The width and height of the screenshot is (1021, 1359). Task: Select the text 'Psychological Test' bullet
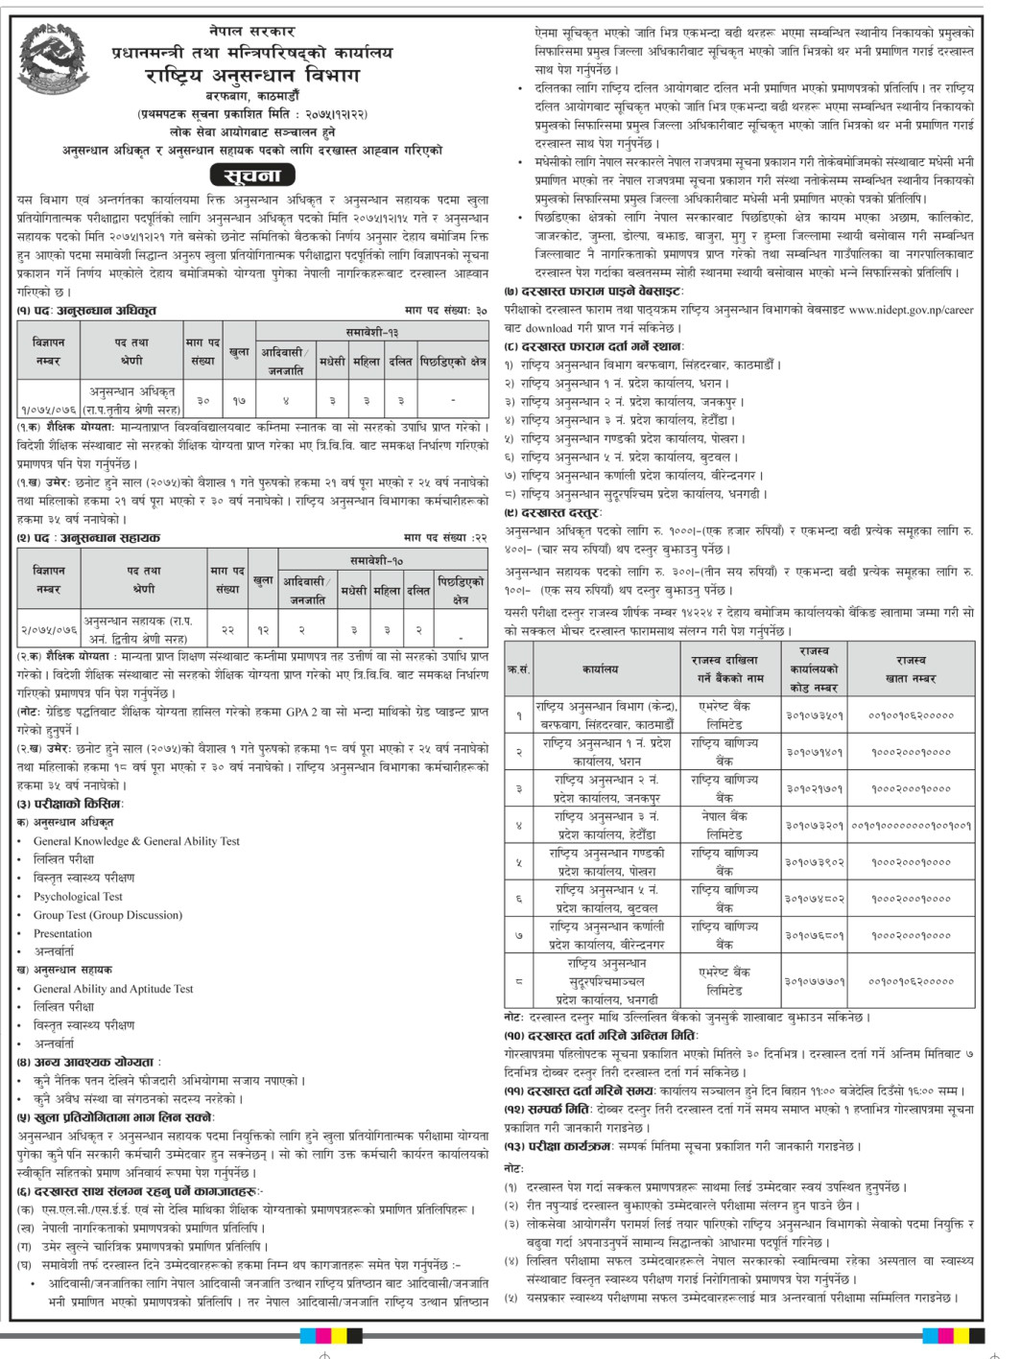pyautogui.click(x=78, y=897)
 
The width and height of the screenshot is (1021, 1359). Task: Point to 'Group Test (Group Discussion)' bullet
pyautogui.click(x=107, y=915)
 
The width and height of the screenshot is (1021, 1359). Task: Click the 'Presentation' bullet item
pyautogui.click(x=62, y=933)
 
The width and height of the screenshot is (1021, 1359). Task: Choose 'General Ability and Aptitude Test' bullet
pyautogui.click(x=113, y=989)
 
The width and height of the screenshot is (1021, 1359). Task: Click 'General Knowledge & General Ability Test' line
pyautogui.click(x=136, y=841)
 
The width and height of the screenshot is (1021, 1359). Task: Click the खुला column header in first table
pyautogui.click(x=239, y=352)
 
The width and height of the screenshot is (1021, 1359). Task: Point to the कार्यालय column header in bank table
pyautogui.click(x=600, y=668)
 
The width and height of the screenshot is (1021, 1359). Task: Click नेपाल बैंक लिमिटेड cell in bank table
pyautogui.click(x=724, y=825)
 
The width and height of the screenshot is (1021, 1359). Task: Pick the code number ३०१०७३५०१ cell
pyautogui.click(x=815, y=715)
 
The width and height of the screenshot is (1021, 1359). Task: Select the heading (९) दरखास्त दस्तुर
pyautogui.click(x=553, y=513)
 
